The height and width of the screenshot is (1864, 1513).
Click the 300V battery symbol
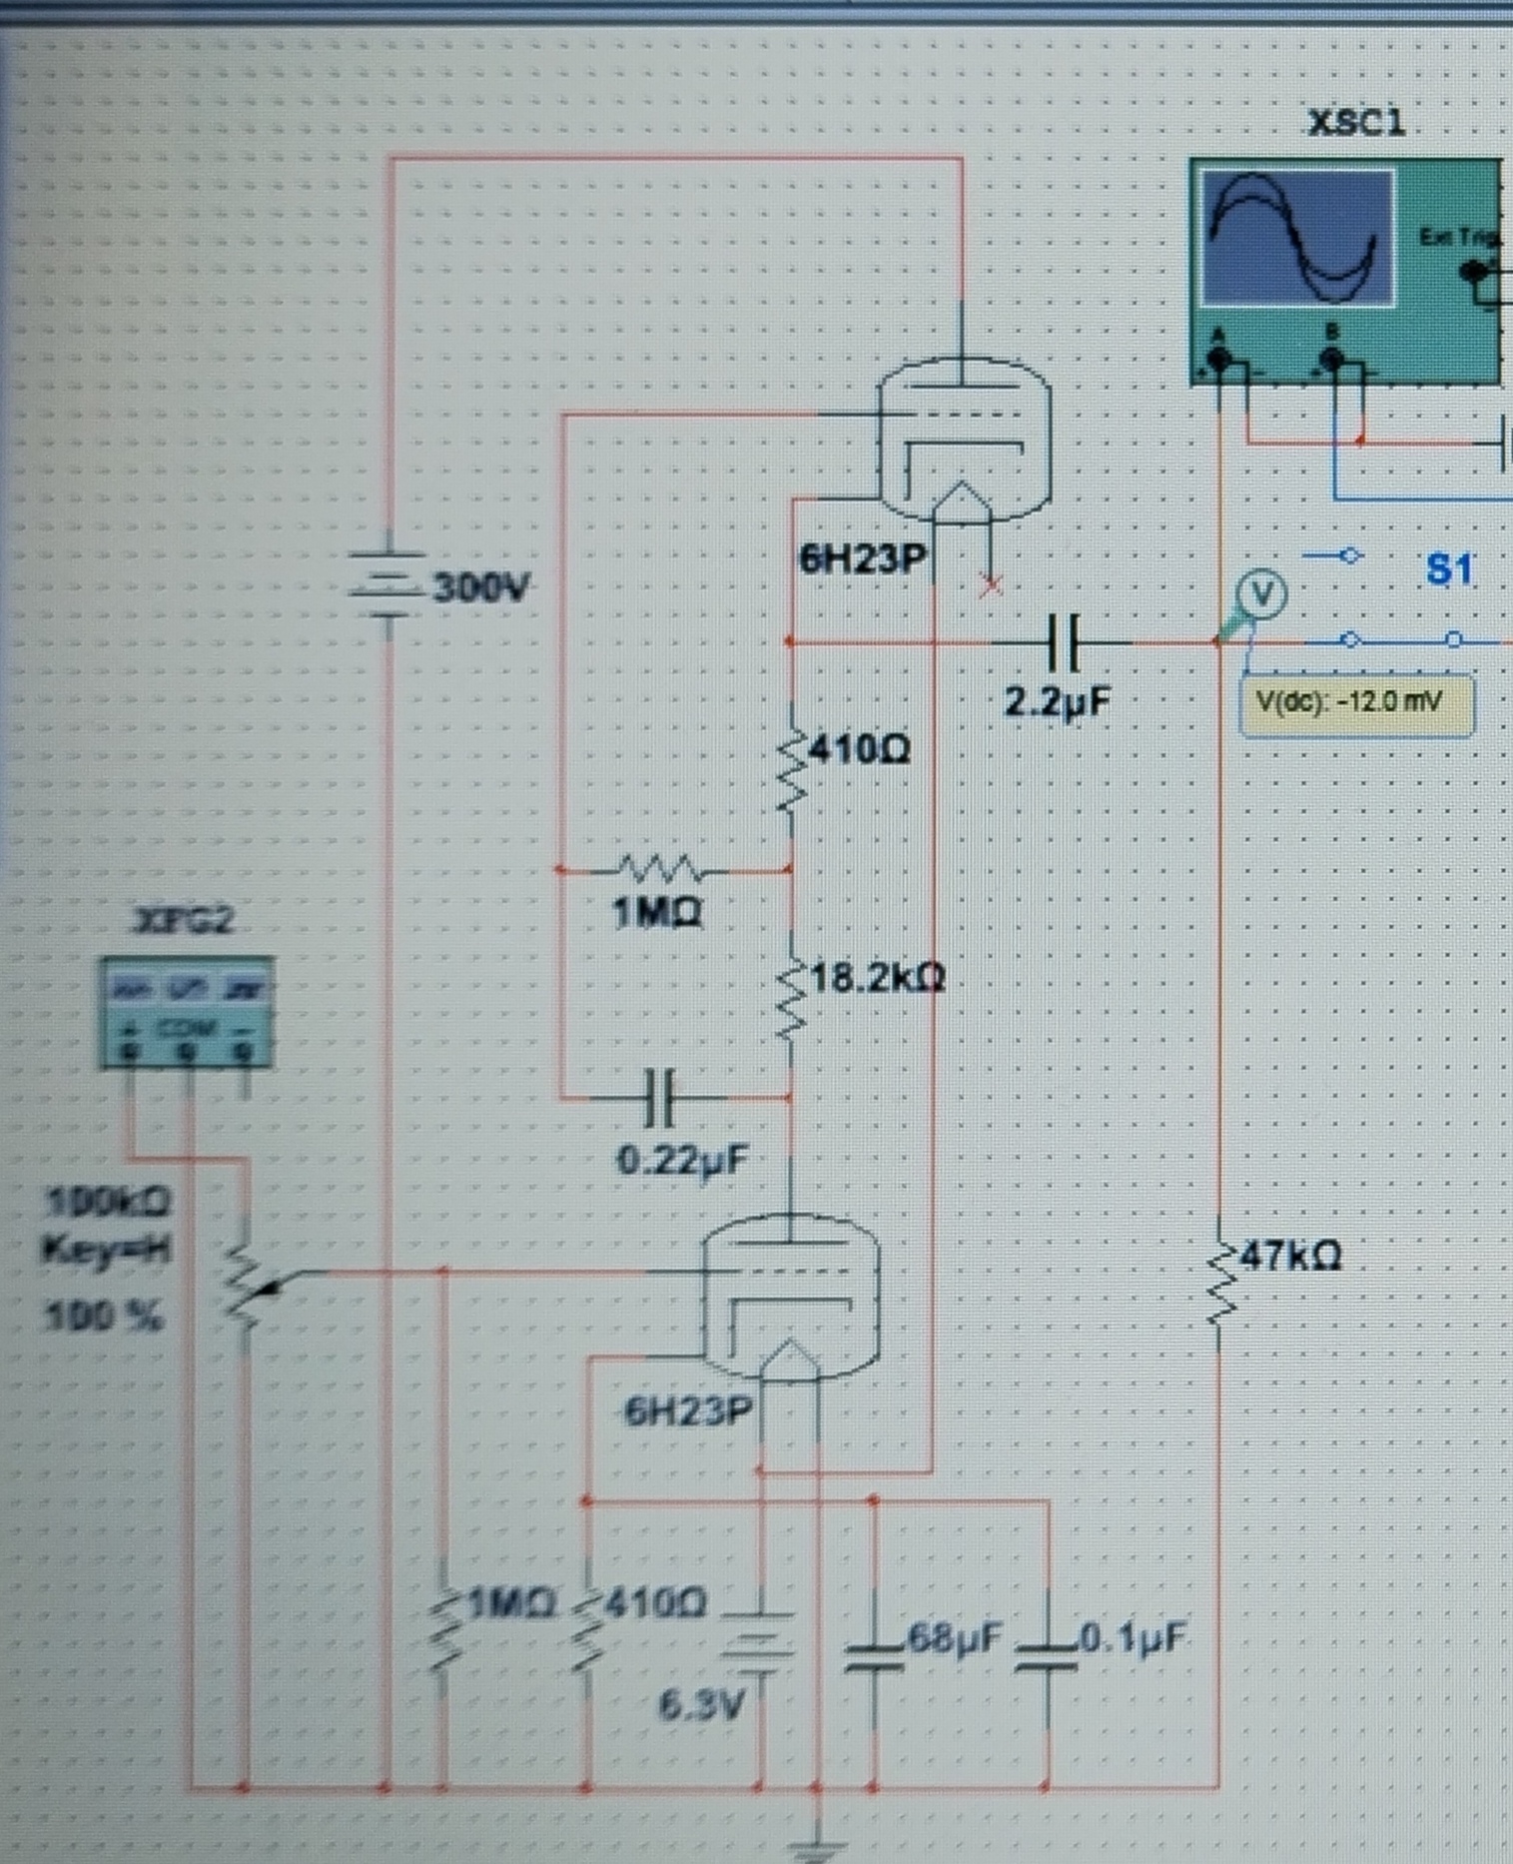tap(387, 584)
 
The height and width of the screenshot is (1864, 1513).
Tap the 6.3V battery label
tap(701, 1704)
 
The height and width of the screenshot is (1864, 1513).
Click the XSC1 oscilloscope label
tap(1356, 123)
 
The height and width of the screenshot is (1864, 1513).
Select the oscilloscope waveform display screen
tap(1297, 238)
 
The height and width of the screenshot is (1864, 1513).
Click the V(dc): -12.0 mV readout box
tap(1354, 703)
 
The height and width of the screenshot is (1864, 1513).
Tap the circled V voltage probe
tap(1262, 594)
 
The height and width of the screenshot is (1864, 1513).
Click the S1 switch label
tap(1448, 569)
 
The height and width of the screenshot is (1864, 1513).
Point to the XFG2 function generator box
tap(186, 1011)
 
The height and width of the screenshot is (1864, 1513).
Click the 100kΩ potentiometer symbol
tap(245, 1289)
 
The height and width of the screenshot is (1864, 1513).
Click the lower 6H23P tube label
tap(687, 1411)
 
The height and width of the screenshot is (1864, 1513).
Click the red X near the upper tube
tap(991, 585)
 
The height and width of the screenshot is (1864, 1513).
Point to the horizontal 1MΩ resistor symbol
tap(660, 869)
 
